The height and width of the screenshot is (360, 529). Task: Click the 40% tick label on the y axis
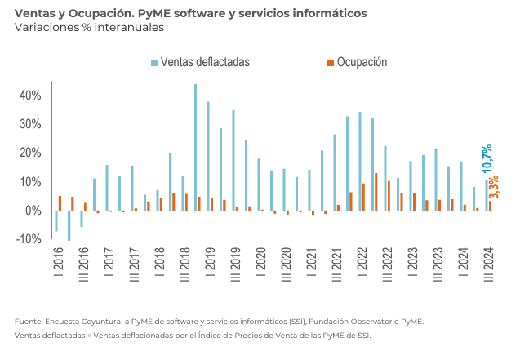tap(30, 96)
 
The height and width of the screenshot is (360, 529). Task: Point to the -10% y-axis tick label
tap(29, 239)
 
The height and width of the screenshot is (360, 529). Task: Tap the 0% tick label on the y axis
tap(33, 211)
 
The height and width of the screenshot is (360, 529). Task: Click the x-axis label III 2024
tap(488, 266)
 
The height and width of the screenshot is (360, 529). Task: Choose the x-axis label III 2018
tap(184, 266)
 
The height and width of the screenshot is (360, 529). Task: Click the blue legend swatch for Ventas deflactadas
tap(153, 62)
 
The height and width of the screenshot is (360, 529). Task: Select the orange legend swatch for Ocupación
tap(330, 62)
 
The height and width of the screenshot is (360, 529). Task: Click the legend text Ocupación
tap(362, 62)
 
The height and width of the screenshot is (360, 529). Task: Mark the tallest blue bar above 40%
tap(195, 147)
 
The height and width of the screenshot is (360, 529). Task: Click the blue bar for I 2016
tap(56, 220)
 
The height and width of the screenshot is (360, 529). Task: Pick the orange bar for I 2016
tap(60, 203)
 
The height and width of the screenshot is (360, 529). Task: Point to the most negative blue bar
tap(69, 225)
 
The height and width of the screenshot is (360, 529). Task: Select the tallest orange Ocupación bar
tap(376, 192)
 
